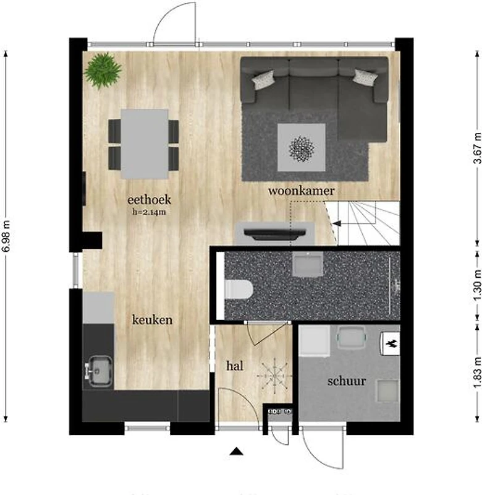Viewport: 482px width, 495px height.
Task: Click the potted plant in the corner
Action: coord(103,71)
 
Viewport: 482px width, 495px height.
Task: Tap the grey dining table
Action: coord(145,144)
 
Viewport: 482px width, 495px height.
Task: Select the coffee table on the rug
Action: coord(301,147)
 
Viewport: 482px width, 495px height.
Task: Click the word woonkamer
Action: coord(301,191)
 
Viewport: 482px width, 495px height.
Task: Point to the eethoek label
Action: coord(149,199)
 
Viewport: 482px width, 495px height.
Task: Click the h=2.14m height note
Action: coord(149,212)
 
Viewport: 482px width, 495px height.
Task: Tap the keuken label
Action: coord(152,320)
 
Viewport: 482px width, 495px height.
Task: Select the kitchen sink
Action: coord(99,371)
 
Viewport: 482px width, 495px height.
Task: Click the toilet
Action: coord(239,289)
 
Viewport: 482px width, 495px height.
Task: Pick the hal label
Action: coord(235,366)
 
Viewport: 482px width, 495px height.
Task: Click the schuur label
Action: coord(347,381)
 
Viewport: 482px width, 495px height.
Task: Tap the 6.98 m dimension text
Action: coord(6,236)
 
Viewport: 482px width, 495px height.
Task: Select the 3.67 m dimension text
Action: coord(478,148)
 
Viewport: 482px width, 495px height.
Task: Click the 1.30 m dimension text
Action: coord(478,285)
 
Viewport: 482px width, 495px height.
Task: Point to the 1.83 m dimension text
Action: coord(478,372)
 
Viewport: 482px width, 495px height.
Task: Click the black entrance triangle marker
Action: coord(237,452)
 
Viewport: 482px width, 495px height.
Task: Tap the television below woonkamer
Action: coord(275,234)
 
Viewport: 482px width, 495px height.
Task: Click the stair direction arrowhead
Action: coord(337,223)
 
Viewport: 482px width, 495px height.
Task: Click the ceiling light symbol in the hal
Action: coord(274,376)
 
